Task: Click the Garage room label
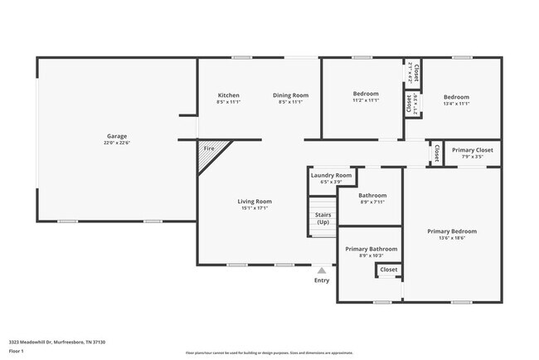pyautogui.click(x=116, y=136)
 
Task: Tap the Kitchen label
pyautogui.click(x=228, y=95)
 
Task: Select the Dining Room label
pyautogui.click(x=291, y=95)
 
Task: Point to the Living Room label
pyautogui.click(x=255, y=202)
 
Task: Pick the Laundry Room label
pyautogui.click(x=331, y=175)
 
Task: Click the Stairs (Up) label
pyautogui.click(x=323, y=218)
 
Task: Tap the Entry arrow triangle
pyautogui.click(x=322, y=270)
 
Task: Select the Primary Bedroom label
pyautogui.click(x=452, y=231)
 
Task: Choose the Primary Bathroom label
pyautogui.click(x=371, y=249)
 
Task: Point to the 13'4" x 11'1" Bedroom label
pyautogui.click(x=455, y=97)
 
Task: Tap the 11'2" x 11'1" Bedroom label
pyautogui.click(x=366, y=94)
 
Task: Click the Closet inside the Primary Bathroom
pyautogui.click(x=388, y=270)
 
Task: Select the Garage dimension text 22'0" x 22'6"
pyautogui.click(x=116, y=142)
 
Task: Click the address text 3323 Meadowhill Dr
pyautogui.click(x=57, y=342)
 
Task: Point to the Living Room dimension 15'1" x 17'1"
pyautogui.click(x=255, y=207)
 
